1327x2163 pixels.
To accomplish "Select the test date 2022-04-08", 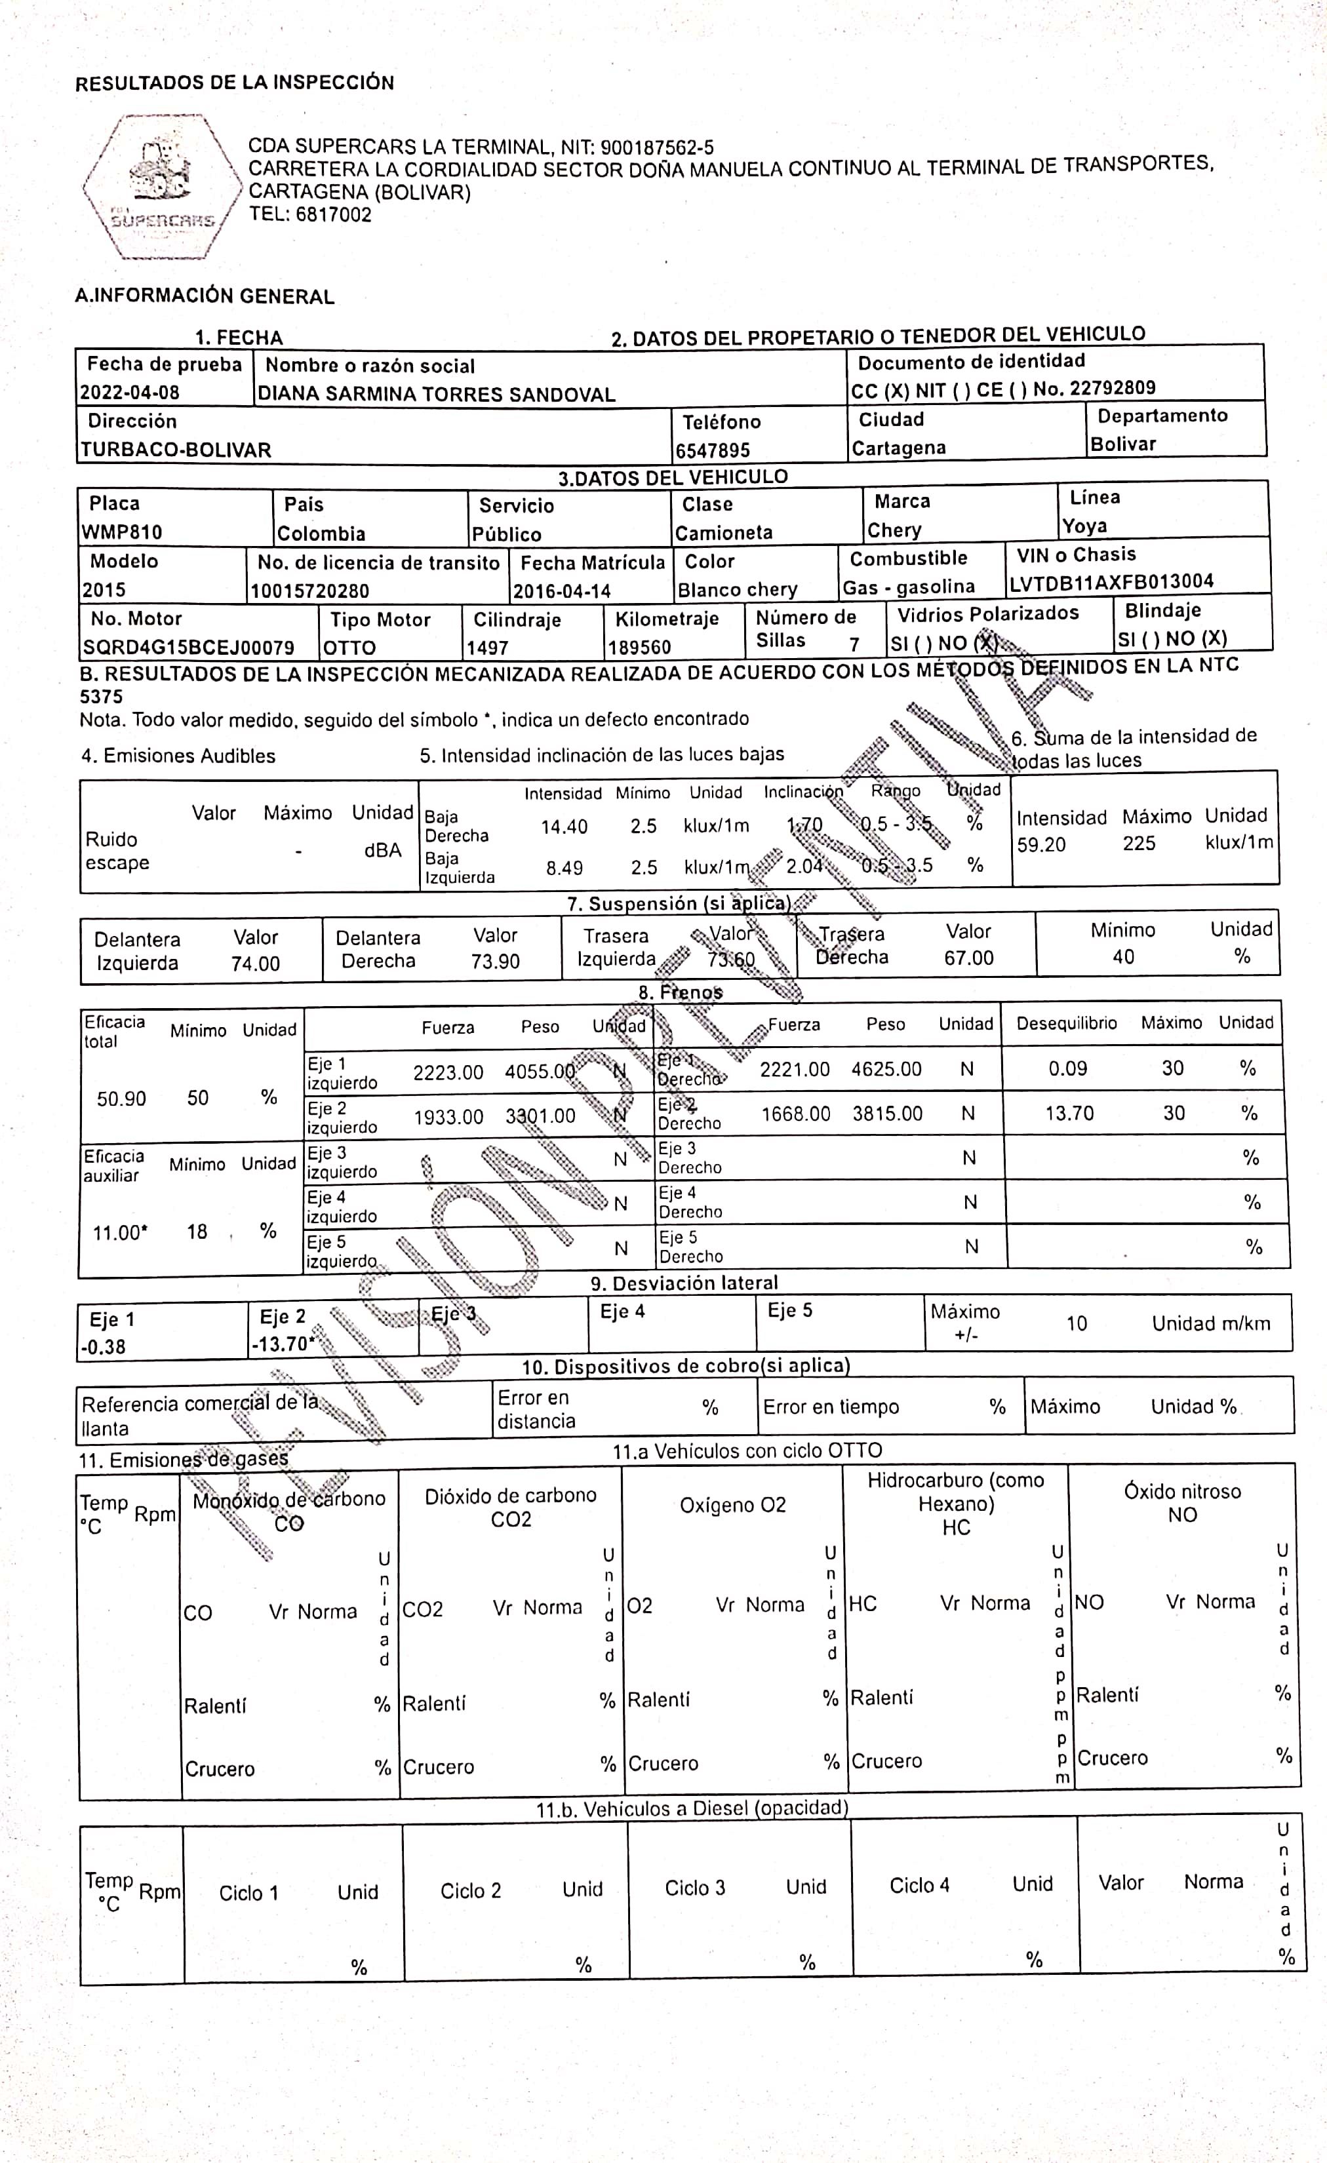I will pyautogui.click(x=130, y=393).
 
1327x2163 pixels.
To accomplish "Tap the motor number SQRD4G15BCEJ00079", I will pyautogui.click(x=189, y=648).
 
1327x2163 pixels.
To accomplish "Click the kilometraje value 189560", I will pyautogui.click(x=639, y=648).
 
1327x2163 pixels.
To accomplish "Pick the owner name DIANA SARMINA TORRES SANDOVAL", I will pyautogui.click(x=437, y=394).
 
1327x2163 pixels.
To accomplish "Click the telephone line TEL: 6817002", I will pyautogui.click(x=310, y=215).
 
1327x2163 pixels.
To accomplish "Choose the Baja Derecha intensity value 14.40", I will pyautogui.click(x=564, y=826).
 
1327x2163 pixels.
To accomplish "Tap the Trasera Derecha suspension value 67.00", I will pyautogui.click(x=968, y=958).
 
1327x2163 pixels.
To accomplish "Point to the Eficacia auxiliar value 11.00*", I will pyautogui.click(x=121, y=1232).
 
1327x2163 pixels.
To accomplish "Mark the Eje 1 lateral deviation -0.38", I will pyautogui.click(x=103, y=1346).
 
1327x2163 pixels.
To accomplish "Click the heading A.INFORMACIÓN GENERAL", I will pyautogui.click(x=205, y=296).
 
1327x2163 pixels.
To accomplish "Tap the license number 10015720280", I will pyautogui.click(x=310, y=591).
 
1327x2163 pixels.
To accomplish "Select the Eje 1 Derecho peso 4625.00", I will pyautogui.click(x=886, y=1069).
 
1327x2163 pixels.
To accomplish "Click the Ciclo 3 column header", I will pyautogui.click(x=695, y=1887).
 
